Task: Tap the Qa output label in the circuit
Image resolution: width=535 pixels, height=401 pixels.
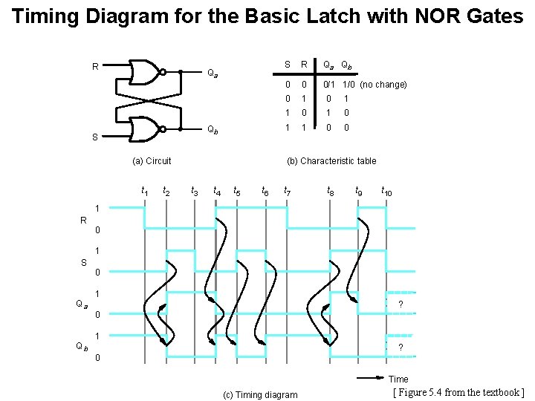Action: click(212, 74)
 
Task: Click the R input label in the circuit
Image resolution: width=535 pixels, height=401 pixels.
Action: click(95, 67)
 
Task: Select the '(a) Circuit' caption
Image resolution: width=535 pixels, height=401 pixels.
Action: click(151, 160)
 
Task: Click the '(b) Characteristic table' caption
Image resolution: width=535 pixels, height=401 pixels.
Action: click(331, 160)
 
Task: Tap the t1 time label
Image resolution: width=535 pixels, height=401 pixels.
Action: click(144, 191)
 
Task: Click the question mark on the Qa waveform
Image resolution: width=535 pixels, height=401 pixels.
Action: click(401, 304)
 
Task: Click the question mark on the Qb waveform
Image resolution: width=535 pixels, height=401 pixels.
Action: click(401, 348)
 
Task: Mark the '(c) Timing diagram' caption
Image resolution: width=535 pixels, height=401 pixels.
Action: click(259, 394)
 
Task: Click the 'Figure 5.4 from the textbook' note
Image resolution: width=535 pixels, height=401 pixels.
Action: click(458, 392)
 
